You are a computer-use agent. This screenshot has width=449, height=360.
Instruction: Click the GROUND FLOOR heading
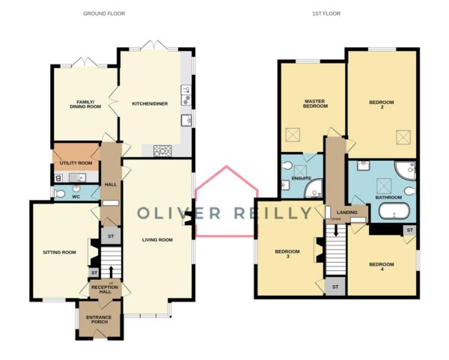(104, 13)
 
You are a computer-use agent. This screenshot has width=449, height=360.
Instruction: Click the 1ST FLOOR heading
(326, 13)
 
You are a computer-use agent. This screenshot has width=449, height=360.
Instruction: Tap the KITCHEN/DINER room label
(150, 104)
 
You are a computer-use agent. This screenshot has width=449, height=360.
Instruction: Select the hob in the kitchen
(162, 150)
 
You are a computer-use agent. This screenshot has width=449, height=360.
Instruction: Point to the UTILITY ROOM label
(76, 163)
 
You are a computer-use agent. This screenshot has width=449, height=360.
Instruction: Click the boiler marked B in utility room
(58, 178)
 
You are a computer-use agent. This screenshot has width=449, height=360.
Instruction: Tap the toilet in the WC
(59, 194)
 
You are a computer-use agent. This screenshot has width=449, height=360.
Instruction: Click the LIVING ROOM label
(157, 240)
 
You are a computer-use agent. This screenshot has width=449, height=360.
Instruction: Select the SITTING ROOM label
(60, 252)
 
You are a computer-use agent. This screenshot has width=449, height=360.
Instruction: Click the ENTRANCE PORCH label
(99, 320)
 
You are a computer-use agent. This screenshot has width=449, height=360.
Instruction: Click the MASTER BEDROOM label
(315, 104)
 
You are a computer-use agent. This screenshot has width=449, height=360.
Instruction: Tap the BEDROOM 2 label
(382, 105)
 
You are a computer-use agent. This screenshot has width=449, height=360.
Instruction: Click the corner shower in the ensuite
(314, 189)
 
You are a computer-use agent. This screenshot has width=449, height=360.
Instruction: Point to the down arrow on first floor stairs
(336, 230)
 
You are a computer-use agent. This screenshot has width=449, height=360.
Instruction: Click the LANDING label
(347, 213)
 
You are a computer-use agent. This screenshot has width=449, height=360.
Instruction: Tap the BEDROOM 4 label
(382, 266)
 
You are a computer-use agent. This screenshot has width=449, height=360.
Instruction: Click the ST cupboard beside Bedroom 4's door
(410, 231)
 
